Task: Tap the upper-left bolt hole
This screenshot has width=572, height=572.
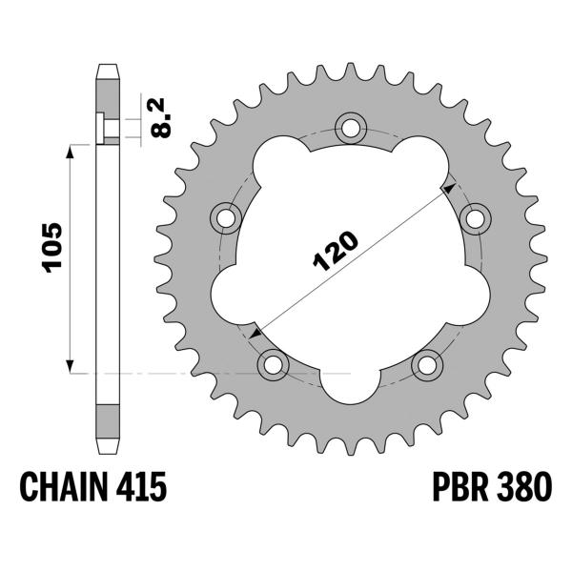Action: coord(227,217)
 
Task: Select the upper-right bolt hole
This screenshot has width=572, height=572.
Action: coord(474,217)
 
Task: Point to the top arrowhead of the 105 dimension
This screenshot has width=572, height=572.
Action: coord(70,153)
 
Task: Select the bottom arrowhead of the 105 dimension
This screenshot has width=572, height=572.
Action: coord(70,365)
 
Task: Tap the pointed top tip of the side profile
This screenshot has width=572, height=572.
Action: coord(107,67)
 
